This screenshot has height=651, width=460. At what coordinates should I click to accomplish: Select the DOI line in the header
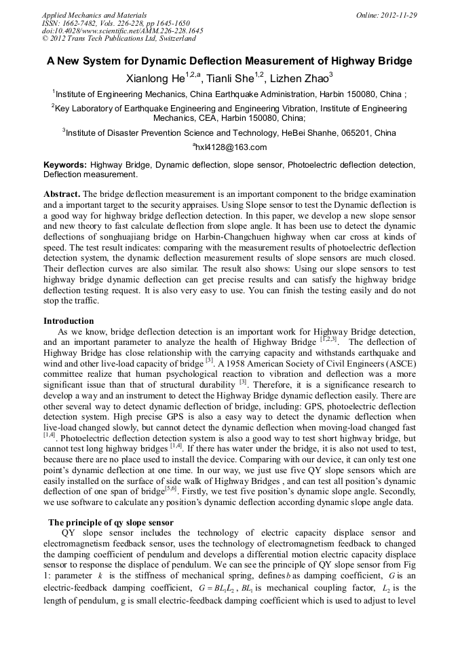point(122,31)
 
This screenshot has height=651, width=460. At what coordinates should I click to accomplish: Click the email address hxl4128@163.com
point(231,147)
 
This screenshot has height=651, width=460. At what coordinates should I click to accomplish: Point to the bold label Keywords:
point(65,165)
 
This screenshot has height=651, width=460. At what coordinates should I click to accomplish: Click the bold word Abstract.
point(61,193)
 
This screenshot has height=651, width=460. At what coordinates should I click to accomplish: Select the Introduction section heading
point(69,321)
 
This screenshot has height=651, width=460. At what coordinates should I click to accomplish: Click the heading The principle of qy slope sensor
point(111,522)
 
